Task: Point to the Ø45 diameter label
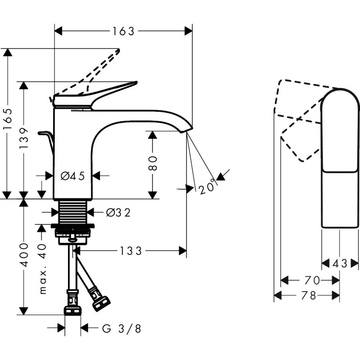tap(73, 176)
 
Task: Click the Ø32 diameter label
tap(118, 213)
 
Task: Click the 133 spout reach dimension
tap(131, 251)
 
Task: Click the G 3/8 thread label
tap(122, 329)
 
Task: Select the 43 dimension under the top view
tap(340, 263)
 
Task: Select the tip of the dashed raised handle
tap(118, 50)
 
